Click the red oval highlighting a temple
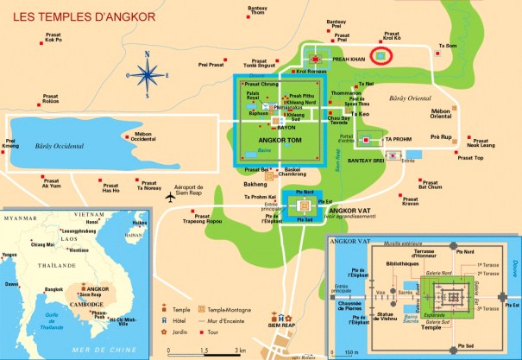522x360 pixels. click(381, 56)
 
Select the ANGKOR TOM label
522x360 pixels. click(278, 141)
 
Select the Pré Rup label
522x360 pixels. click(441, 136)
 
